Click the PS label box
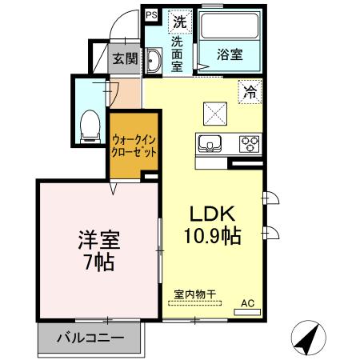click(150, 14)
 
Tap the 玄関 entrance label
click(125, 58)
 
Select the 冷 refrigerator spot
click(250, 93)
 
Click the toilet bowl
click(90, 121)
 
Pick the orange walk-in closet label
click(134, 146)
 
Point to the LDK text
click(210, 214)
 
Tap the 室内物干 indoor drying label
click(196, 294)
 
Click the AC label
click(248, 302)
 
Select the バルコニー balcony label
click(90, 338)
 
